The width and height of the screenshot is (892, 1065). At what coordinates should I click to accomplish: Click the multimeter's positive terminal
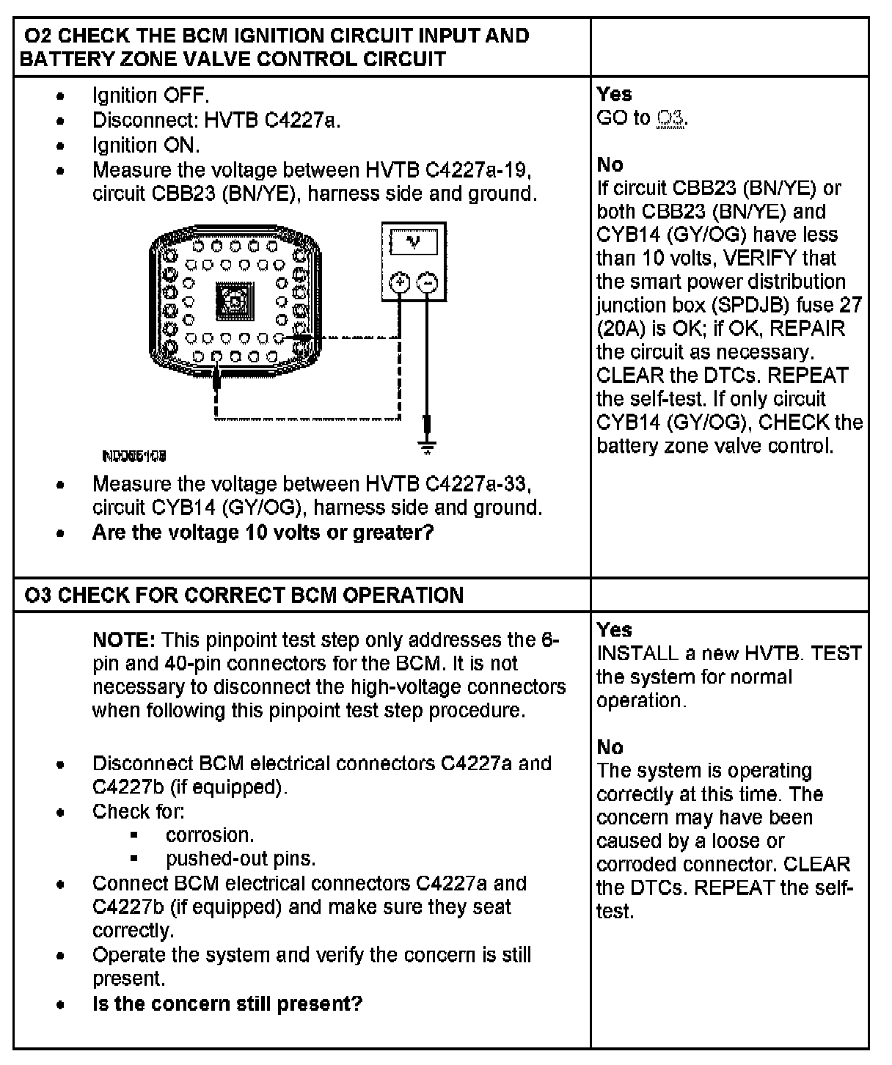tap(400, 282)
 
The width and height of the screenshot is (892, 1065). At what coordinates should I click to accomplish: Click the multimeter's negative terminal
tap(428, 282)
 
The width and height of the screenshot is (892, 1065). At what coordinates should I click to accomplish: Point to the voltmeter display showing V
tap(414, 242)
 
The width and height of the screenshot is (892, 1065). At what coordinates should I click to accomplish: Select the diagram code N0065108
tap(134, 456)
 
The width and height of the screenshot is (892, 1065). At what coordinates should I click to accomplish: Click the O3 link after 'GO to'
tap(671, 118)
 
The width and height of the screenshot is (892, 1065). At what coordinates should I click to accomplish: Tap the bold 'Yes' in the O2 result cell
tap(614, 94)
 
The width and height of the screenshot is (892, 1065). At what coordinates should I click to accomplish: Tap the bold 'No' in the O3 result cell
tap(610, 747)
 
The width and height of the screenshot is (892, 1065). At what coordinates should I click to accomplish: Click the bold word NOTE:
tap(123, 640)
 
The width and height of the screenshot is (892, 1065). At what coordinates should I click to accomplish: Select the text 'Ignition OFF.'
tap(151, 95)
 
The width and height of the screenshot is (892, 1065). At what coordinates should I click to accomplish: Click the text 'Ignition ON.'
tap(146, 145)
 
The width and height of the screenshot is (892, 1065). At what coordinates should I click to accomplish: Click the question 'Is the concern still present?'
tap(227, 1003)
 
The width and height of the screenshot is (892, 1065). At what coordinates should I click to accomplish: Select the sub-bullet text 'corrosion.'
tap(210, 835)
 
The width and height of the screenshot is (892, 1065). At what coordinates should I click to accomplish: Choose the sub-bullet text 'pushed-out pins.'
tap(241, 858)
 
